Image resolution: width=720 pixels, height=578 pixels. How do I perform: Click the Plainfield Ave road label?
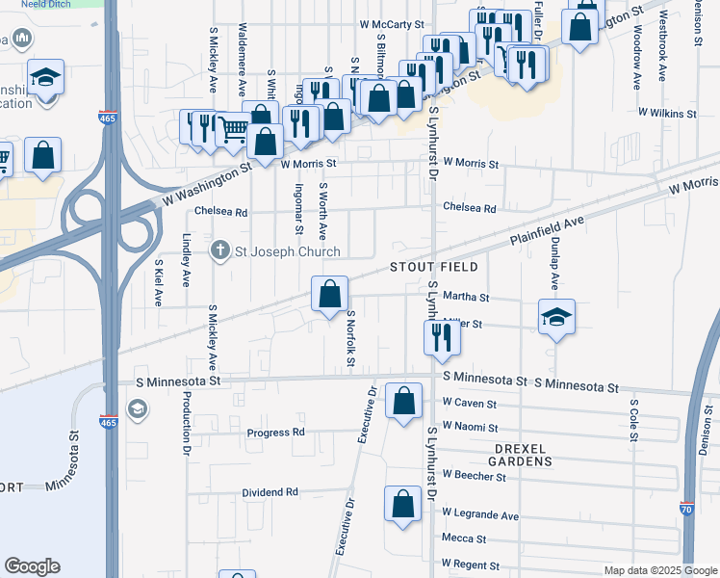[547, 228]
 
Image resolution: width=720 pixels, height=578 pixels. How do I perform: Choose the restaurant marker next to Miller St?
[442, 338]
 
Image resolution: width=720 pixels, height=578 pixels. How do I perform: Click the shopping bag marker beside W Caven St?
[403, 399]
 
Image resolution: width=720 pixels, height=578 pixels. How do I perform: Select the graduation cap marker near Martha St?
[556, 317]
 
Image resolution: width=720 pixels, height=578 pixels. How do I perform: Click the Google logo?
[32, 566]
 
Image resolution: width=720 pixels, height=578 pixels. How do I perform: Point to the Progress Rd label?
[275, 433]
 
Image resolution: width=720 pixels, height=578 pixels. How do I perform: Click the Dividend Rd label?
[270, 492]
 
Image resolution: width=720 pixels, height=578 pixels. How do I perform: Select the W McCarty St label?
[392, 23]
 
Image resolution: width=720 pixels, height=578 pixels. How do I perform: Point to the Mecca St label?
[464, 539]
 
